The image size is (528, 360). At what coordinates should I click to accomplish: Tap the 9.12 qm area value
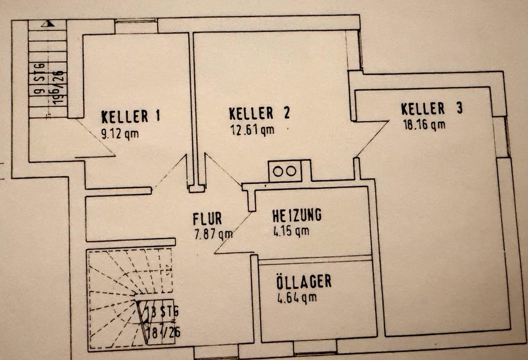(x=120, y=132)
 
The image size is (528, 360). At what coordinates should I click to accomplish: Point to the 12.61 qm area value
(x=251, y=130)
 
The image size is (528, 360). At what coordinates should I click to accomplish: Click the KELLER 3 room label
(x=432, y=108)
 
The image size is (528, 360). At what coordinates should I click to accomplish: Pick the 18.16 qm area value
(x=424, y=124)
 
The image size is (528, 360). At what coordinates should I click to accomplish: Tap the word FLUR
(x=207, y=219)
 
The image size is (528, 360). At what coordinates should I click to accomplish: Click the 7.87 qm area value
(x=213, y=234)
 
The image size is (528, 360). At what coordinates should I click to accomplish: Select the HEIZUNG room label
(x=296, y=215)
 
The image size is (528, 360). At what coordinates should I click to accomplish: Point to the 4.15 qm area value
(x=290, y=231)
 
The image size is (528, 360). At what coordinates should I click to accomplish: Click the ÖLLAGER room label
(x=304, y=282)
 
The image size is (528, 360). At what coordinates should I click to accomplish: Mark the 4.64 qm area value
(x=297, y=298)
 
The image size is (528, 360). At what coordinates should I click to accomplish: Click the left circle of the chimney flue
(x=277, y=171)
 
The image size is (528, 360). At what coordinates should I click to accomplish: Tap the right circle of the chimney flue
(x=291, y=171)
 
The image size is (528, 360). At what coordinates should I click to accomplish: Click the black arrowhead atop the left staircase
(x=50, y=24)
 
